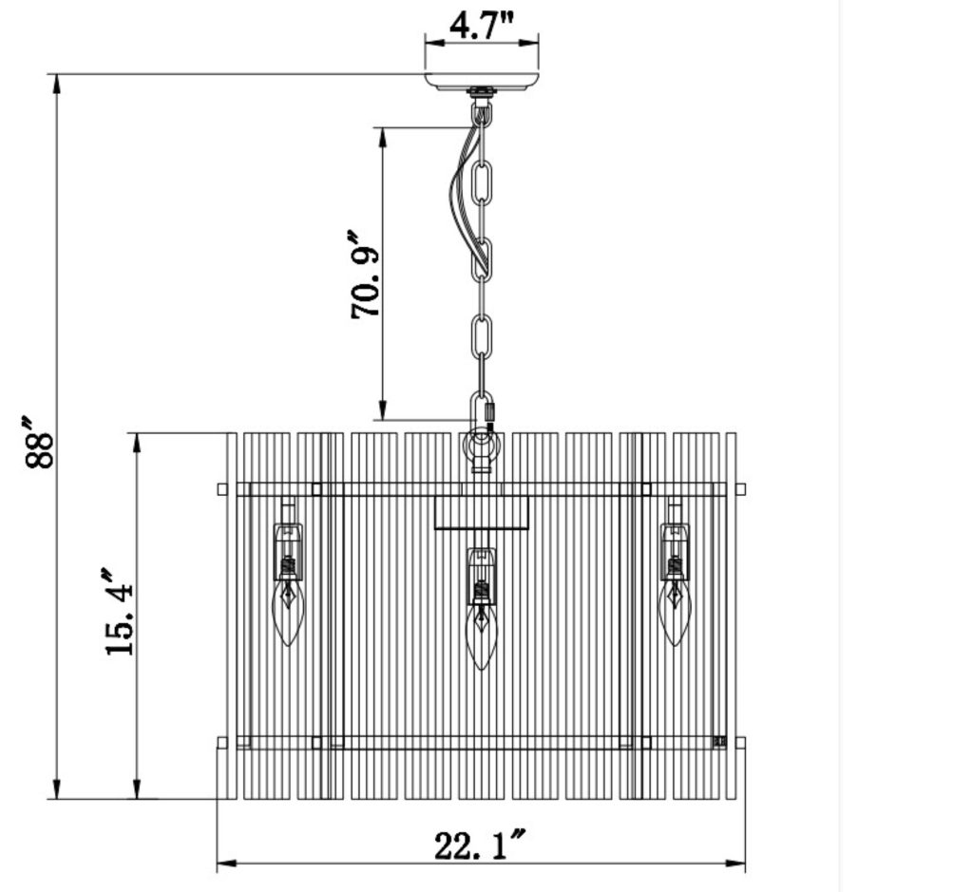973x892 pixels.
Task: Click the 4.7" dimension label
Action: (x=481, y=26)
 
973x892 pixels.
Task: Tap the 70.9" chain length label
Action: (x=366, y=274)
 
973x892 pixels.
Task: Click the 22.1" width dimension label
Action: (x=480, y=845)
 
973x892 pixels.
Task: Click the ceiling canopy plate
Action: (x=482, y=81)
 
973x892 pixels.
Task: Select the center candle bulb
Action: (x=481, y=637)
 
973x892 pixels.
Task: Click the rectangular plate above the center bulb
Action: (x=481, y=512)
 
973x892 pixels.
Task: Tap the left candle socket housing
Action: (x=288, y=552)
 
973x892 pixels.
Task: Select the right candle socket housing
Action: (x=675, y=552)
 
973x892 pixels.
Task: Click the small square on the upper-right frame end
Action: (x=740, y=489)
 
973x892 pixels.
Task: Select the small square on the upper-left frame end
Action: (x=222, y=489)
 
